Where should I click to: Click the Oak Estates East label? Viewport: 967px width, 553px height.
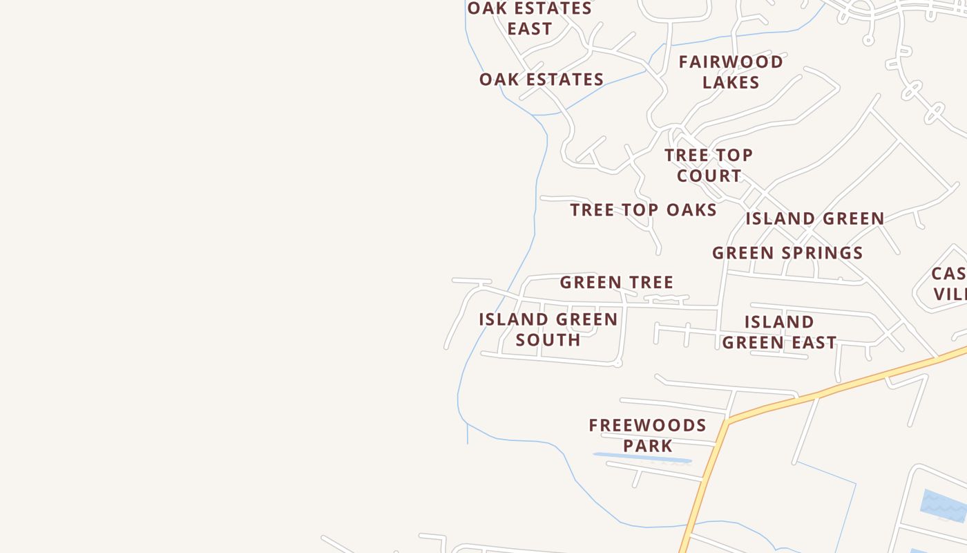(x=530, y=19)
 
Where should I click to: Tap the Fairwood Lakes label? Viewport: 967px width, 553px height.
(x=731, y=72)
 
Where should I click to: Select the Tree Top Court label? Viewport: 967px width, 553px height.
(x=709, y=165)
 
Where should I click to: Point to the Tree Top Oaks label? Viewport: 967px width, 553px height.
(x=643, y=210)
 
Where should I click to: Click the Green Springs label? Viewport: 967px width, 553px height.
(x=787, y=253)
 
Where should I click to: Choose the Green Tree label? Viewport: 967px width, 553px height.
(x=616, y=282)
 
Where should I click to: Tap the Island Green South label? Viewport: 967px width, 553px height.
(x=548, y=330)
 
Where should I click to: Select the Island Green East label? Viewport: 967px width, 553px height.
(x=779, y=332)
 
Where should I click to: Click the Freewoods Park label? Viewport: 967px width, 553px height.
(x=647, y=435)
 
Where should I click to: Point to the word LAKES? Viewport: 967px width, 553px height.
(x=731, y=82)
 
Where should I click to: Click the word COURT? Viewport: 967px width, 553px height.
(x=709, y=176)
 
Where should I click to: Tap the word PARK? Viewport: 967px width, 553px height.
(x=647, y=446)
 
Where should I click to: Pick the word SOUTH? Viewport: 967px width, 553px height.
(x=548, y=340)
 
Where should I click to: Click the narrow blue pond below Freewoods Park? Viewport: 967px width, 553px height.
(x=642, y=458)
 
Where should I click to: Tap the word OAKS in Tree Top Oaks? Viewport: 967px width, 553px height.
(x=691, y=210)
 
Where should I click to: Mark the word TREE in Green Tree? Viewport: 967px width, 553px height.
(x=647, y=282)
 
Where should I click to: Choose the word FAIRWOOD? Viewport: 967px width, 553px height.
(x=731, y=62)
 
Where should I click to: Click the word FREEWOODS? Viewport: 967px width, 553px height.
(x=647, y=425)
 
